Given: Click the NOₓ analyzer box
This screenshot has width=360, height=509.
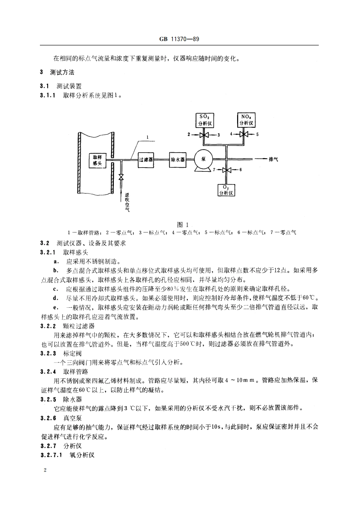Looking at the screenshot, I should (247, 120).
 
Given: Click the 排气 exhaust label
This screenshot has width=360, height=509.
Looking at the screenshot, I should (274, 160).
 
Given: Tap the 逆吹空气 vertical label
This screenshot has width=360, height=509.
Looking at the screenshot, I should (127, 202).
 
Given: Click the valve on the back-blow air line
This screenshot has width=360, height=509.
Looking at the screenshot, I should (121, 177).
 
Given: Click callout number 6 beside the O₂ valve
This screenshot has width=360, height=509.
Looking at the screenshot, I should (241, 170).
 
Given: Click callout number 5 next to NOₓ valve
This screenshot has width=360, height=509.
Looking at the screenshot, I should (257, 135).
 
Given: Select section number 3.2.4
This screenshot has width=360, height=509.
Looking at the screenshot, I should (47, 371).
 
